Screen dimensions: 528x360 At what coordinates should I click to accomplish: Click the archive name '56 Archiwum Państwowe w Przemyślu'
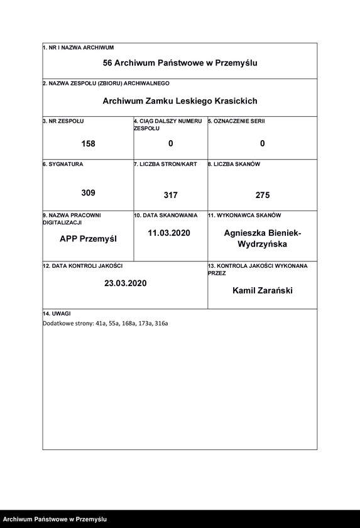pos(180,63)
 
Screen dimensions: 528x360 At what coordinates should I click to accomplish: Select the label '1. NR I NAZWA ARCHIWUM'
pos(78,48)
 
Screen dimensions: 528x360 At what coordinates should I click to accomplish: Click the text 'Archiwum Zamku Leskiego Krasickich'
pos(180,101)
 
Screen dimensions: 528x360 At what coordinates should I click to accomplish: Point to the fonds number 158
pos(88,143)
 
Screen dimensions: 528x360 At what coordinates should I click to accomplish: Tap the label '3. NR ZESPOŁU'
pos(63,121)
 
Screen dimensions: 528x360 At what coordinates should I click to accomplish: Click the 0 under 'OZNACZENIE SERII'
pos(262,143)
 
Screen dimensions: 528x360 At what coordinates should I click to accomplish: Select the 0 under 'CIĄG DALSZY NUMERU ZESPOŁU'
pos(170,143)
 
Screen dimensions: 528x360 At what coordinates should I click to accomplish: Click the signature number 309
pos(88,193)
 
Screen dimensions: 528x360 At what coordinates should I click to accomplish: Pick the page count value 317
pos(170,195)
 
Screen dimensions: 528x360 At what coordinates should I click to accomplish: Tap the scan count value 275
pos(262,195)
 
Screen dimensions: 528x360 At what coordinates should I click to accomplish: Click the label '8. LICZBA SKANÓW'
pos(234,164)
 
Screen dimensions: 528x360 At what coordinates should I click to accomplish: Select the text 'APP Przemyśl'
pos(88,239)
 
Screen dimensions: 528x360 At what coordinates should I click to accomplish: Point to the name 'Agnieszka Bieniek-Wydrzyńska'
pos(262,239)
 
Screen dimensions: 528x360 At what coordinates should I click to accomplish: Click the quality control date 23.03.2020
pos(125,283)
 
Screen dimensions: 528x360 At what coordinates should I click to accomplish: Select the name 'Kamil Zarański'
pos(262,290)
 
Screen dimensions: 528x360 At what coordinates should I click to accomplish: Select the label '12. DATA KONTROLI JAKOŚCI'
pos(82,266)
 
